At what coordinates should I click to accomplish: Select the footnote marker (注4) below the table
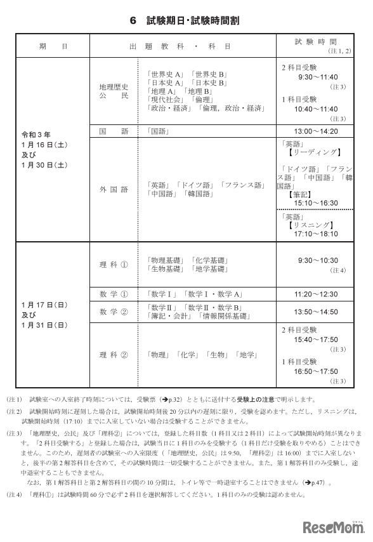click(13, 494)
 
